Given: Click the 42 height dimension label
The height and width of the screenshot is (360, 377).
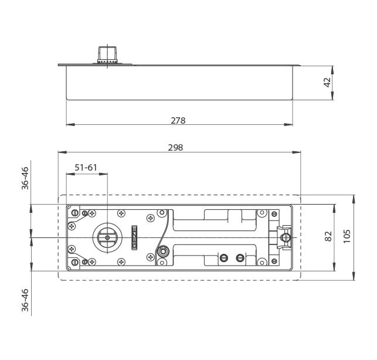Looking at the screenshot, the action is [x=328, y=82].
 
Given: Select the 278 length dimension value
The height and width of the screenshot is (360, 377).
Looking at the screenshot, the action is [x=178, y=120].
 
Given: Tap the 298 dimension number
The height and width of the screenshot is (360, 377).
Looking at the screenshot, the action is [x=175, y=147].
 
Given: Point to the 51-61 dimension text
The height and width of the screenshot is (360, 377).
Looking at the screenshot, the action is [x=86, y=167].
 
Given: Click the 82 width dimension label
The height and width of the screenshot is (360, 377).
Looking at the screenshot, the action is [x=328, y=236].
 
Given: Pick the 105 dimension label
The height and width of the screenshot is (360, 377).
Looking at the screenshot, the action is [x=347, y=236].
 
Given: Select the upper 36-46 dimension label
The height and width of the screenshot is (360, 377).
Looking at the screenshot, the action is [x=25, y=178].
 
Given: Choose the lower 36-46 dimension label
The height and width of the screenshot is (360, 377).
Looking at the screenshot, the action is [x=25, y=300].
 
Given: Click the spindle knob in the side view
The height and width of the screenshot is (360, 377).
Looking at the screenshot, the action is [x=107, y=55].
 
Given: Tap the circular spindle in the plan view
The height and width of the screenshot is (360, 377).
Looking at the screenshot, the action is [x=107, y=237].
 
